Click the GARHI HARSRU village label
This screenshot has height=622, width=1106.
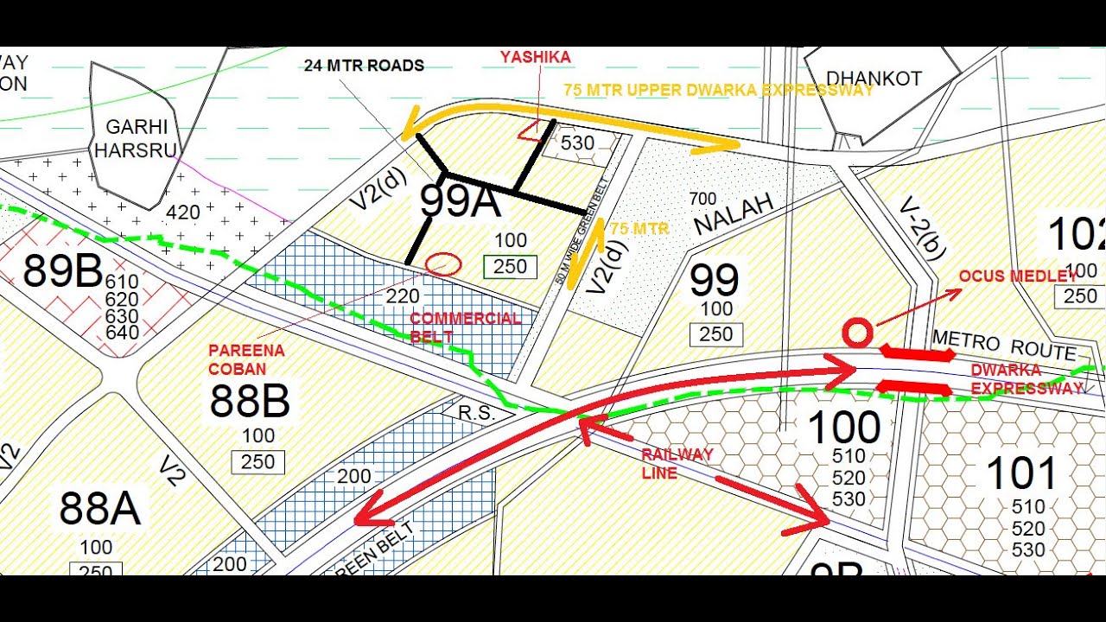135,138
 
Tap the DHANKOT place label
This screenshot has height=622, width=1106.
874,79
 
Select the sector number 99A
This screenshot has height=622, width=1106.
460,202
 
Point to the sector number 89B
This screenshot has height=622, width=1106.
63,271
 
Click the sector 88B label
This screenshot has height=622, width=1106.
250,401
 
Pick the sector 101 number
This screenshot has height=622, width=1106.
1021,474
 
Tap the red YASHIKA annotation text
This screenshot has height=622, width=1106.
535,57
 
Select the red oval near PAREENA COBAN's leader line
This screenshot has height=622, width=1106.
444,264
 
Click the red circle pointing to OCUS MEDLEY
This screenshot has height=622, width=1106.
857,333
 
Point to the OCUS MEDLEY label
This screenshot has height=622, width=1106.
1017,276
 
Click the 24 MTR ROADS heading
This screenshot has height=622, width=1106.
364,66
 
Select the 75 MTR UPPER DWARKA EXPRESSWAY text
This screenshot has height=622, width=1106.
718,90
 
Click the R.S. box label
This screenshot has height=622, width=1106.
476,414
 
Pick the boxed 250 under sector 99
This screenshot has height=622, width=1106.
716,334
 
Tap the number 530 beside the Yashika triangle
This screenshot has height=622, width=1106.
577,143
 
